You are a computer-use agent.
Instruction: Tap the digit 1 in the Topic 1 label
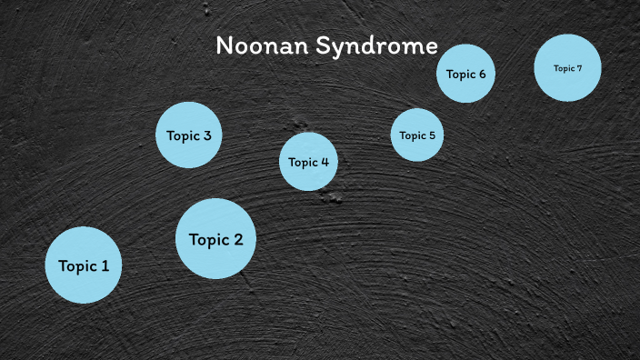pyautogui.click(x=105, y=266)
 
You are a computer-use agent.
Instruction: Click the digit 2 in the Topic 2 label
pyautogui.click(x=237, y=240)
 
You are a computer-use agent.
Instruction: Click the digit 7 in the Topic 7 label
pyautogui.click(x=579, y=68)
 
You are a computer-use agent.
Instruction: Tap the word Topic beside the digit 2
pyautogui.click(x=208, y=241)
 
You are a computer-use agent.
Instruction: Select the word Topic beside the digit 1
pyautogui.click(x=77, y=267)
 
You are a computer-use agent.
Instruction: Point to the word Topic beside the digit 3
pyautogui.click(x=183, y=136)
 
